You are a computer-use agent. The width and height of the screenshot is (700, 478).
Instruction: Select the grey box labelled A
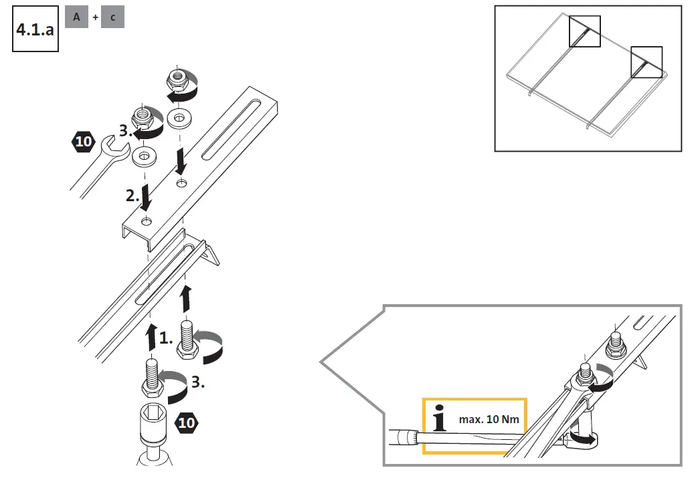[x=76, y=17]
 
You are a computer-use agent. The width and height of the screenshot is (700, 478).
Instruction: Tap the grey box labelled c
[x=112, y=17]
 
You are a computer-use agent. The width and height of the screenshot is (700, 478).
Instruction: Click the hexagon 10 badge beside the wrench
[x=83, y=142]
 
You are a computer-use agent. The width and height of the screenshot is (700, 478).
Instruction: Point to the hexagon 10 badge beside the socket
[x=185, y=422]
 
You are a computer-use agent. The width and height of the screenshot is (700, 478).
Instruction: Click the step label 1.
[x=167, y=338]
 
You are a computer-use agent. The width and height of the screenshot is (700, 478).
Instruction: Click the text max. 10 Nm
[x=489, y=421]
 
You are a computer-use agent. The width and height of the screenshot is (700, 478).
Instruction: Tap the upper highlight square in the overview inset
[x=584, y=31]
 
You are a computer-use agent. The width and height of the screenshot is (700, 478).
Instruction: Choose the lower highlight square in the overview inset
[x=646, y=62]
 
